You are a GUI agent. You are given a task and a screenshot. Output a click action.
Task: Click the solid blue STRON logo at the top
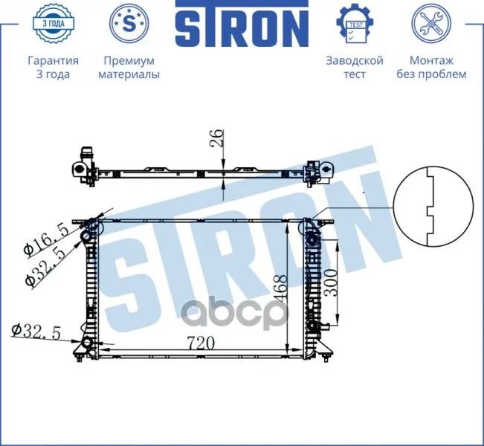(x=242, y=24)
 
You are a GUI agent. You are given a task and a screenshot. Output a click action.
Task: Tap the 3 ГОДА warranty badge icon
(x=53, y=24)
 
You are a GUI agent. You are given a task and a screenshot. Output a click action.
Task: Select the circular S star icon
(x=129, y=23)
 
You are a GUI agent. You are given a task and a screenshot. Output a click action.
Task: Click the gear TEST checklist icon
(x=355, y=24)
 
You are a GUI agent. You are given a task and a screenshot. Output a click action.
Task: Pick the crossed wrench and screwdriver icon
(x=431, y=23)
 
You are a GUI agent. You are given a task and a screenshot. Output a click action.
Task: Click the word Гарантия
(x=53, y=61)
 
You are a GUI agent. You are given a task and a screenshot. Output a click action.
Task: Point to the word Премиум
(x=129, y=61)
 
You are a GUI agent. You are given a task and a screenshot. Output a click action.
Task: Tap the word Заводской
(x=355, y=60)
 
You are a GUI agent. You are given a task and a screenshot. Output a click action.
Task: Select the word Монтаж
(x=431, y=60)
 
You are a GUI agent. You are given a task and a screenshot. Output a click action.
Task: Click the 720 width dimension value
(x=201, y=343)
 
